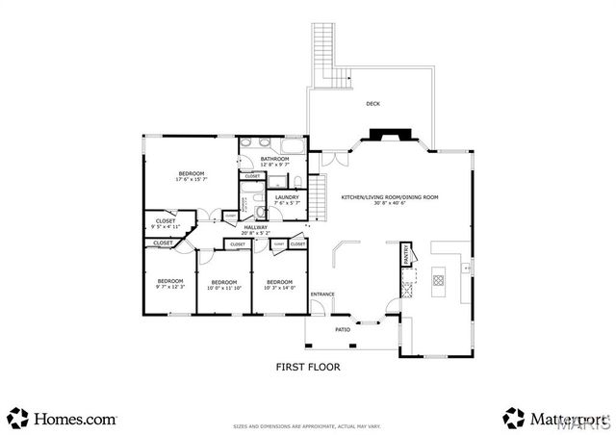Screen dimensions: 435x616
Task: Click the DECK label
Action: click(x=372, y=104)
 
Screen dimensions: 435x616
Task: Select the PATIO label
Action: click(x=343, y=329)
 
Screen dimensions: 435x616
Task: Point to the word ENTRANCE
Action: click(x=322, y=294)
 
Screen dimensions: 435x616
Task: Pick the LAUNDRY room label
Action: click(x=287, y=196)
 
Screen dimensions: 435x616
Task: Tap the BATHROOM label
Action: click(x=274, y=159)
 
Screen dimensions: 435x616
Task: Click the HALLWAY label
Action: click(x=255, y=227)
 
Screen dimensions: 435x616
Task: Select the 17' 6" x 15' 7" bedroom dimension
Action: click(x=191, y=179)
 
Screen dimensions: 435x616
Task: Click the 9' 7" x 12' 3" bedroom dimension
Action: click(x=169, y=286)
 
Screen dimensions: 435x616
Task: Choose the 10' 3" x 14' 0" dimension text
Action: click(x=279, y=286)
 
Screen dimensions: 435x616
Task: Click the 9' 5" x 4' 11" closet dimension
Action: click(x=165, y=227)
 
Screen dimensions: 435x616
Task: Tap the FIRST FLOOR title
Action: click(x=308, y=367)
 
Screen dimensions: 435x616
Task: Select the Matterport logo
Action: click(x=553, y=419)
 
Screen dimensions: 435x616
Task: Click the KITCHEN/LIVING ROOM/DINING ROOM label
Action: click(x=390, y=197)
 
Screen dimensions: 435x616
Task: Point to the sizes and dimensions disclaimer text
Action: click(x=308, y=424)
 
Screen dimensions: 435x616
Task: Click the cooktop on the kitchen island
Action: click(x=438, y=281)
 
